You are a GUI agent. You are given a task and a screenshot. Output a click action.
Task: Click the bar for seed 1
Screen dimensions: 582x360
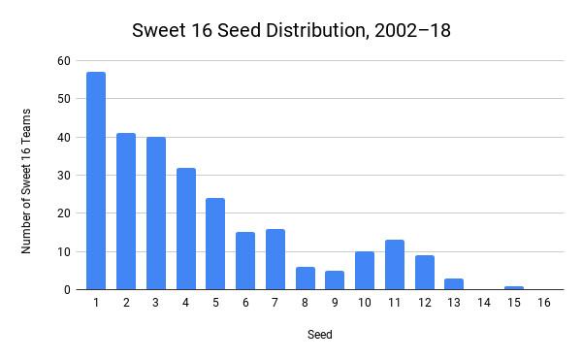(x=96, y=180)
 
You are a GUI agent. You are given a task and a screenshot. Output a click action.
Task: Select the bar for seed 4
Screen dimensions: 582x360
(x=186, y=229)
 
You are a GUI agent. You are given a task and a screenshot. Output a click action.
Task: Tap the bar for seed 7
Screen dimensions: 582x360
(x=275, y=259)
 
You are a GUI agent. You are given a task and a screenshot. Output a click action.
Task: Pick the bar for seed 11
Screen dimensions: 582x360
(x=395, y=265)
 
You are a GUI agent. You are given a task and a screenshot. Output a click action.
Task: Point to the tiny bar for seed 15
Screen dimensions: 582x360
(x=514, y=288)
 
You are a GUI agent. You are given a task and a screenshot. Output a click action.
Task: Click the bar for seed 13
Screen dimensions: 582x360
(x=454, y=284)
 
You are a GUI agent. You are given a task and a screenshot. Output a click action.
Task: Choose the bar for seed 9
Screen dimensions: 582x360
(x=335, y=280)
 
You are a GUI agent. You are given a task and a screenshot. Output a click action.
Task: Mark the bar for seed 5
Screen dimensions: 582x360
(x=215, y=244)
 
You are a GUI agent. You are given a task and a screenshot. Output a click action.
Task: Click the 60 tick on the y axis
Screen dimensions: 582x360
(x=64, y=61)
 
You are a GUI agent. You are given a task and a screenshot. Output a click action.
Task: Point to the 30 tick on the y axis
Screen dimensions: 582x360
(x=64, y=176)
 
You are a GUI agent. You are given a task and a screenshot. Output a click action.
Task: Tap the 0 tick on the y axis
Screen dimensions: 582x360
(x=67, y=290)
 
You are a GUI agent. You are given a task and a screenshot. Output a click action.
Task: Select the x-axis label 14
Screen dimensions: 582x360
(x=484, y=303)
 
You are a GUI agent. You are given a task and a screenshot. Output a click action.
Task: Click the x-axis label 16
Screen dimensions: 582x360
(x=544, y=303)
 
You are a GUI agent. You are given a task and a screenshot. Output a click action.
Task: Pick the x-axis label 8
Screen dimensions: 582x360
(x=305, y=303)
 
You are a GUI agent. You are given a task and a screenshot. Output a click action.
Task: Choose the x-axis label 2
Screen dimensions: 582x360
(x=126, y=303)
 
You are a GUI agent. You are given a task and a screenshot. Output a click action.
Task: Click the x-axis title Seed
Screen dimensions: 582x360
(x=320, y=335)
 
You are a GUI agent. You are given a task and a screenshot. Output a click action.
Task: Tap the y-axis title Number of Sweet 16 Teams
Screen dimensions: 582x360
(x=25, y=181)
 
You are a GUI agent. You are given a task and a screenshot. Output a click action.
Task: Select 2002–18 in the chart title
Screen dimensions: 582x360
(x=413, y=30)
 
